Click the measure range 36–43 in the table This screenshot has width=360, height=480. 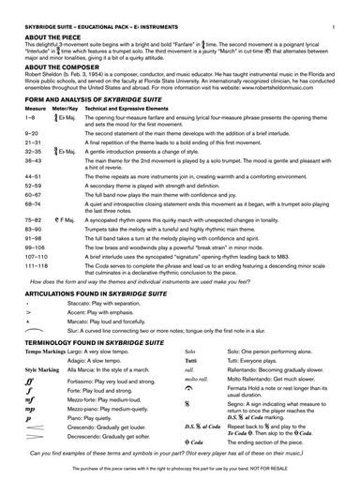tap(33, 160)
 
